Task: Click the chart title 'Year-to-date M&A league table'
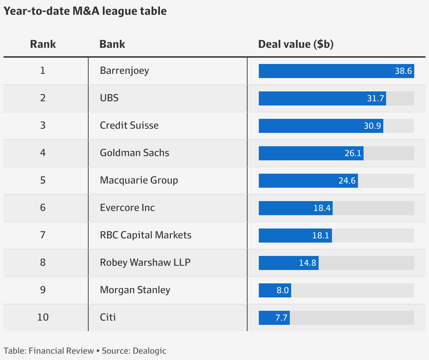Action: coord(85,11)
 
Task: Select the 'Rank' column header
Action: coord(43,44)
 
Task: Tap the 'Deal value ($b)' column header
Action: coord(296,44)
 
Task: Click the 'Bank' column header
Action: coord(112,44)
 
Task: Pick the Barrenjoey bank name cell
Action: coord(124,71)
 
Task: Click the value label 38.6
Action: coord(403,71)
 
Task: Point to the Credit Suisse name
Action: coord(129,126)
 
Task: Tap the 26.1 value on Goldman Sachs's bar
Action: coord(353,153)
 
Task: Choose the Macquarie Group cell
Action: coord(139,180)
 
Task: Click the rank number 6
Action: coord(43,208)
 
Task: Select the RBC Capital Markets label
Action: coord(146,235)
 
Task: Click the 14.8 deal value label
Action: coord(307,263)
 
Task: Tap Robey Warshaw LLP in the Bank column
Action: coord(145,263)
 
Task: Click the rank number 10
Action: coord(43,317)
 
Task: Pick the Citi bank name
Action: coord(108,317)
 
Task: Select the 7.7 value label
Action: coord(281,318)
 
